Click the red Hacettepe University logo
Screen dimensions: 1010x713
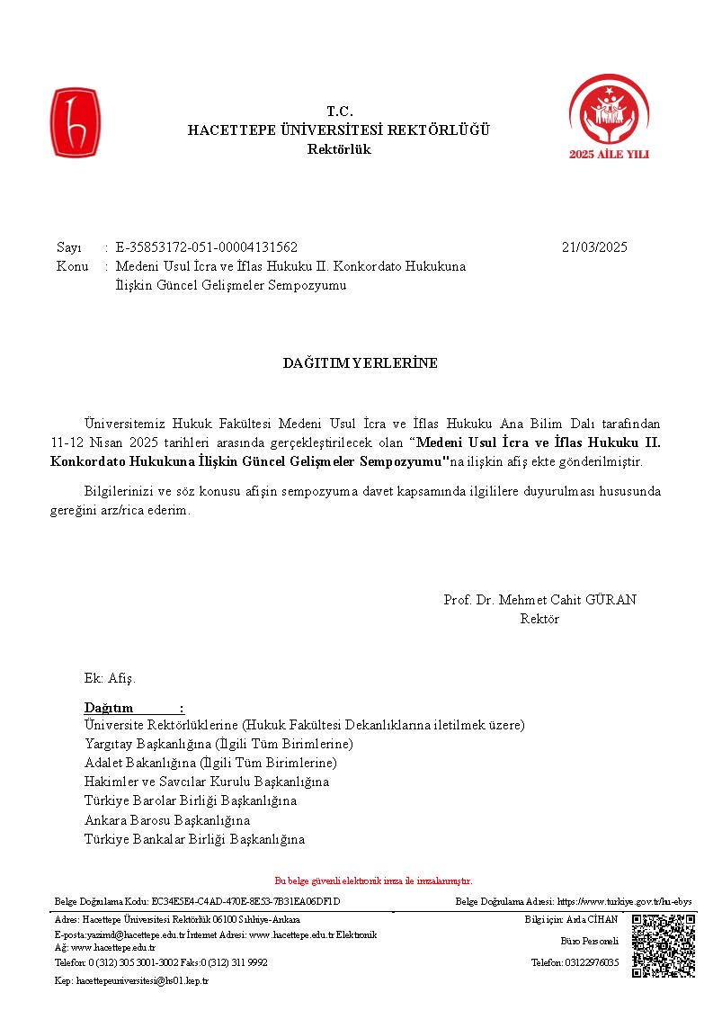click(x=74, y=123)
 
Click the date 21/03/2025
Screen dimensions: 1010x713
click(x=594, y=247)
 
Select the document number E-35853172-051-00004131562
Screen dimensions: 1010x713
click(x=207, y=247)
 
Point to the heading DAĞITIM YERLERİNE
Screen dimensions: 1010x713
click(x=360, y=363)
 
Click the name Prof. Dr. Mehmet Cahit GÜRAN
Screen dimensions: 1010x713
click(x=540, y=600)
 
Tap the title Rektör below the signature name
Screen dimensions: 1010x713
click(x=539, y=619)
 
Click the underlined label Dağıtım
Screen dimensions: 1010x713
click(x=109, y=708)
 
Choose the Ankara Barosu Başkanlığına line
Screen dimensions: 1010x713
click(x=167, y=820)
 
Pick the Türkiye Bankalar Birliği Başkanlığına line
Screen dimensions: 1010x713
click(x=194, y=839)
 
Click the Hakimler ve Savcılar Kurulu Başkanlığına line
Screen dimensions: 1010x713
click(x=207, y=782)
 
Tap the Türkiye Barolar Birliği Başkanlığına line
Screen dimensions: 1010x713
click(x=191, y=800)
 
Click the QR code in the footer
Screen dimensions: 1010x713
click(x=664, y=945)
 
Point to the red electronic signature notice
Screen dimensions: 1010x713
click(x=373, y=881)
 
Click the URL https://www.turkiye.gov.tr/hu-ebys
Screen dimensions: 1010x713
click(x=624, y=901)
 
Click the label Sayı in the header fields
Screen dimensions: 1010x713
click(x=69, y=247)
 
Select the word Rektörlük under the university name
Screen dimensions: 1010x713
click(x=339, y=149)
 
